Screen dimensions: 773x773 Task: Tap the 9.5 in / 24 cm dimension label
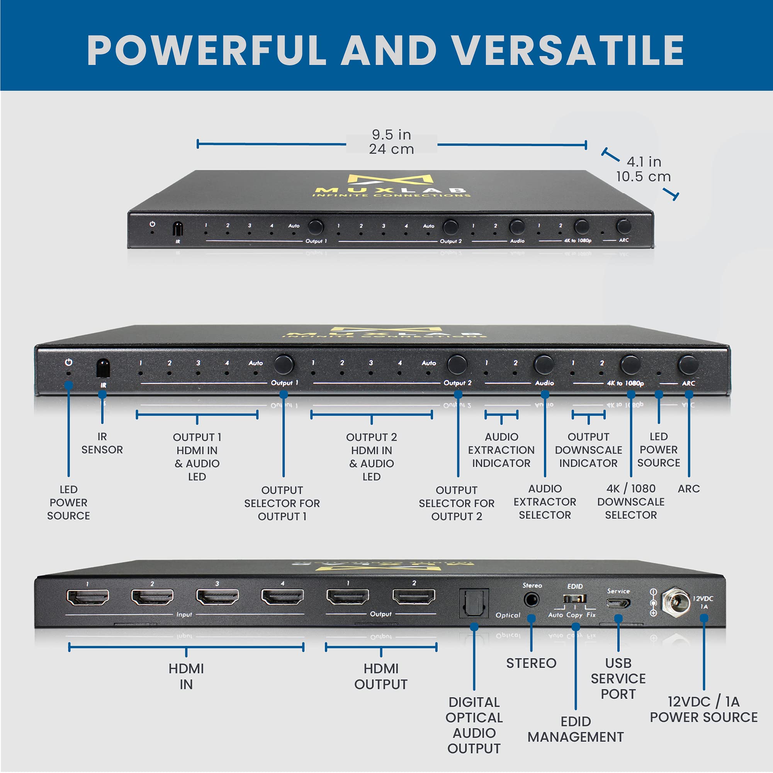[391, 142]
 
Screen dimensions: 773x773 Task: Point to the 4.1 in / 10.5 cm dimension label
[643, 169]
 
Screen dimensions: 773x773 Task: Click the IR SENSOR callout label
[102, 443]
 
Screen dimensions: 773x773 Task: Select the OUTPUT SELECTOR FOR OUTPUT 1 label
[282, 503]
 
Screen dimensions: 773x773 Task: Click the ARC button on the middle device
[688, 364]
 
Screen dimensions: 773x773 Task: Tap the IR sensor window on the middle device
[103, 368]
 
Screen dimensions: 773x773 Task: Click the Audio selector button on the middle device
[544, 364]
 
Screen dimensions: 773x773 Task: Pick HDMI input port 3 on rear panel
[217, 597]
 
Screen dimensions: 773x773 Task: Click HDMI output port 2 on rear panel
[414, 596]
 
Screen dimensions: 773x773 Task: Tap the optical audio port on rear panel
[474, 603]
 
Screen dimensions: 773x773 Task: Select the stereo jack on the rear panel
[531, 600]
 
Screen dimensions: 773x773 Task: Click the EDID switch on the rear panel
[574, 599]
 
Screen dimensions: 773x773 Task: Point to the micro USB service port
[618, 603]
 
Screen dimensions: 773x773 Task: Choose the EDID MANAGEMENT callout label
[575, 729]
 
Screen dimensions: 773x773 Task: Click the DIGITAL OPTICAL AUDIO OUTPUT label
[474, 725]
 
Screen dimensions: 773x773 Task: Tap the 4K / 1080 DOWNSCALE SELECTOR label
[630, 502]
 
